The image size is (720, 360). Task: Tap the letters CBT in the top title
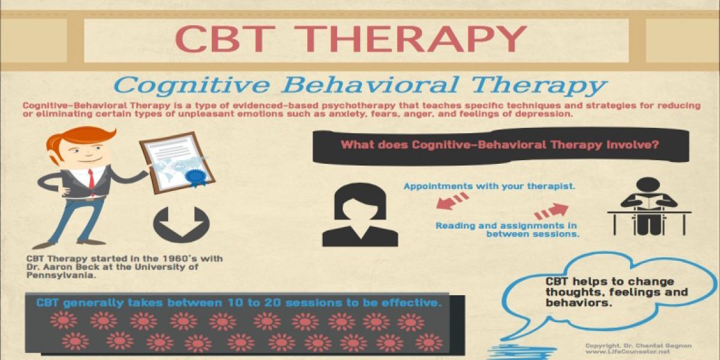pyautogui.click(x=225, y=39)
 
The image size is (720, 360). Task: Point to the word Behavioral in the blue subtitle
pyautogui.click(x=370, y=85)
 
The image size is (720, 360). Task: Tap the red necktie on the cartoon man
pyautogui.click(x=92, y=179)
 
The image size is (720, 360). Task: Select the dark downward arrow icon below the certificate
pyautogui.click(x=181, y=224)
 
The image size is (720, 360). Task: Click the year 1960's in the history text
pyautogui.click(x=179, y=259)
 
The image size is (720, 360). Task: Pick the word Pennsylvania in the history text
pyautogui.click(x=61, y=276)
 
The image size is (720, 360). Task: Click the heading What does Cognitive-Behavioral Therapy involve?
pyautogui.click(x=499, y=145)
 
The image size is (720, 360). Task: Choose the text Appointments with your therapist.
pyautogui.click(x=489, y=186)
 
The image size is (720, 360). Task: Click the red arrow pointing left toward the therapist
pyautogui.click(x=452, y=201)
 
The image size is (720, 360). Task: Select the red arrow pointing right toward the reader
pyautogui.click(x=551, y=211)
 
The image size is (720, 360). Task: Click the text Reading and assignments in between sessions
pyautogui.click(x=507, y=230)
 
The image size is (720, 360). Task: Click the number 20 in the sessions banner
pyautogui.click(x=274, y=303)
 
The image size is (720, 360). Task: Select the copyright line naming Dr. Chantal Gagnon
pyautogui.click(x=638, y=346)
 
